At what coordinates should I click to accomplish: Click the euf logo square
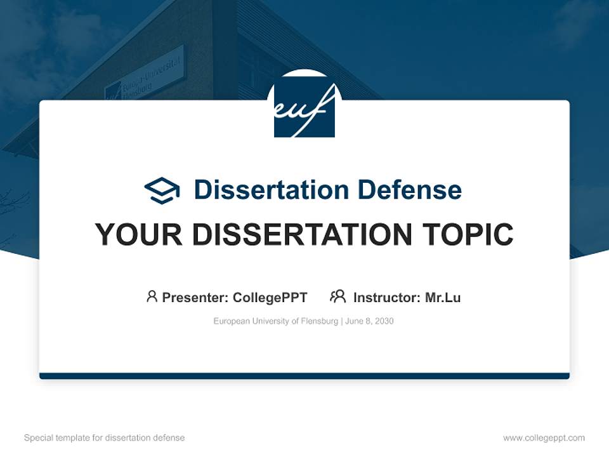(304, 109)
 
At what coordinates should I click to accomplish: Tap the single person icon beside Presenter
(152, 296)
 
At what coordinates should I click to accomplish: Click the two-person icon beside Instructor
(337, 296)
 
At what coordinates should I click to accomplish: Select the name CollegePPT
(270, 298)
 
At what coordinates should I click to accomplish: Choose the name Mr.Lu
(443, 298)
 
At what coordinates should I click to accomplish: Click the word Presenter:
(195, 298)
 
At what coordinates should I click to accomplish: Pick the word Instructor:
(387, 298)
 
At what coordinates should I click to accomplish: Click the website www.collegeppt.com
(544, 438)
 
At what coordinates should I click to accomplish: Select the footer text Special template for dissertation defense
(105, 438)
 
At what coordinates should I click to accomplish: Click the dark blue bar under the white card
(304, 376)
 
